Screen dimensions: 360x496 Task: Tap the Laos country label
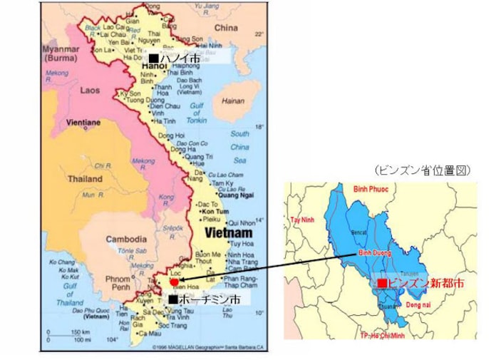point(91,91)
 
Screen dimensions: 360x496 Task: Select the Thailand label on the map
point(85,179)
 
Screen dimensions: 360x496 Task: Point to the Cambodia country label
point(126,240)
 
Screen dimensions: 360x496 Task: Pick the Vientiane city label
point(83,122)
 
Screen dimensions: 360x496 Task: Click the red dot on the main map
point(175,282)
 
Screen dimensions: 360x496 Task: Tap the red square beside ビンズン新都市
point(383,283)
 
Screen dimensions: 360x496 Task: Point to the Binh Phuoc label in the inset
point(373,190)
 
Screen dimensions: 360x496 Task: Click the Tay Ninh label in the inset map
point(301,220)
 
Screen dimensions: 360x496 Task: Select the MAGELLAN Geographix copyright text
point(203,347)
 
